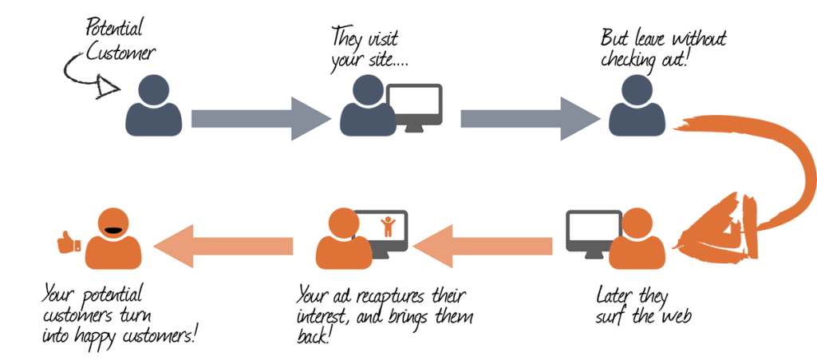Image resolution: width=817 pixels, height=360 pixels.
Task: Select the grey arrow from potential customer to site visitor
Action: click(x=261, y=118)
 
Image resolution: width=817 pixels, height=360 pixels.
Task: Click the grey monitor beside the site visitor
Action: click(x=414, y=107)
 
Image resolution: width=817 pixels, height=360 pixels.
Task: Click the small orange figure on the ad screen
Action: click(x=387, y=227)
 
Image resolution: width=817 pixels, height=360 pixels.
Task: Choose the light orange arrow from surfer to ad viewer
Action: click(x=483, y=246)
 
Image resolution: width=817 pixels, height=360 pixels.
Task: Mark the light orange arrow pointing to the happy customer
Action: click(x=223, y=246)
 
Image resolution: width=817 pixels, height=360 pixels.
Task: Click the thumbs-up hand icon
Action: click(x=69, y=242)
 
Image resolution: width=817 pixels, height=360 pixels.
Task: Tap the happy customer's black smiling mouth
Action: click(x=113, y=229)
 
